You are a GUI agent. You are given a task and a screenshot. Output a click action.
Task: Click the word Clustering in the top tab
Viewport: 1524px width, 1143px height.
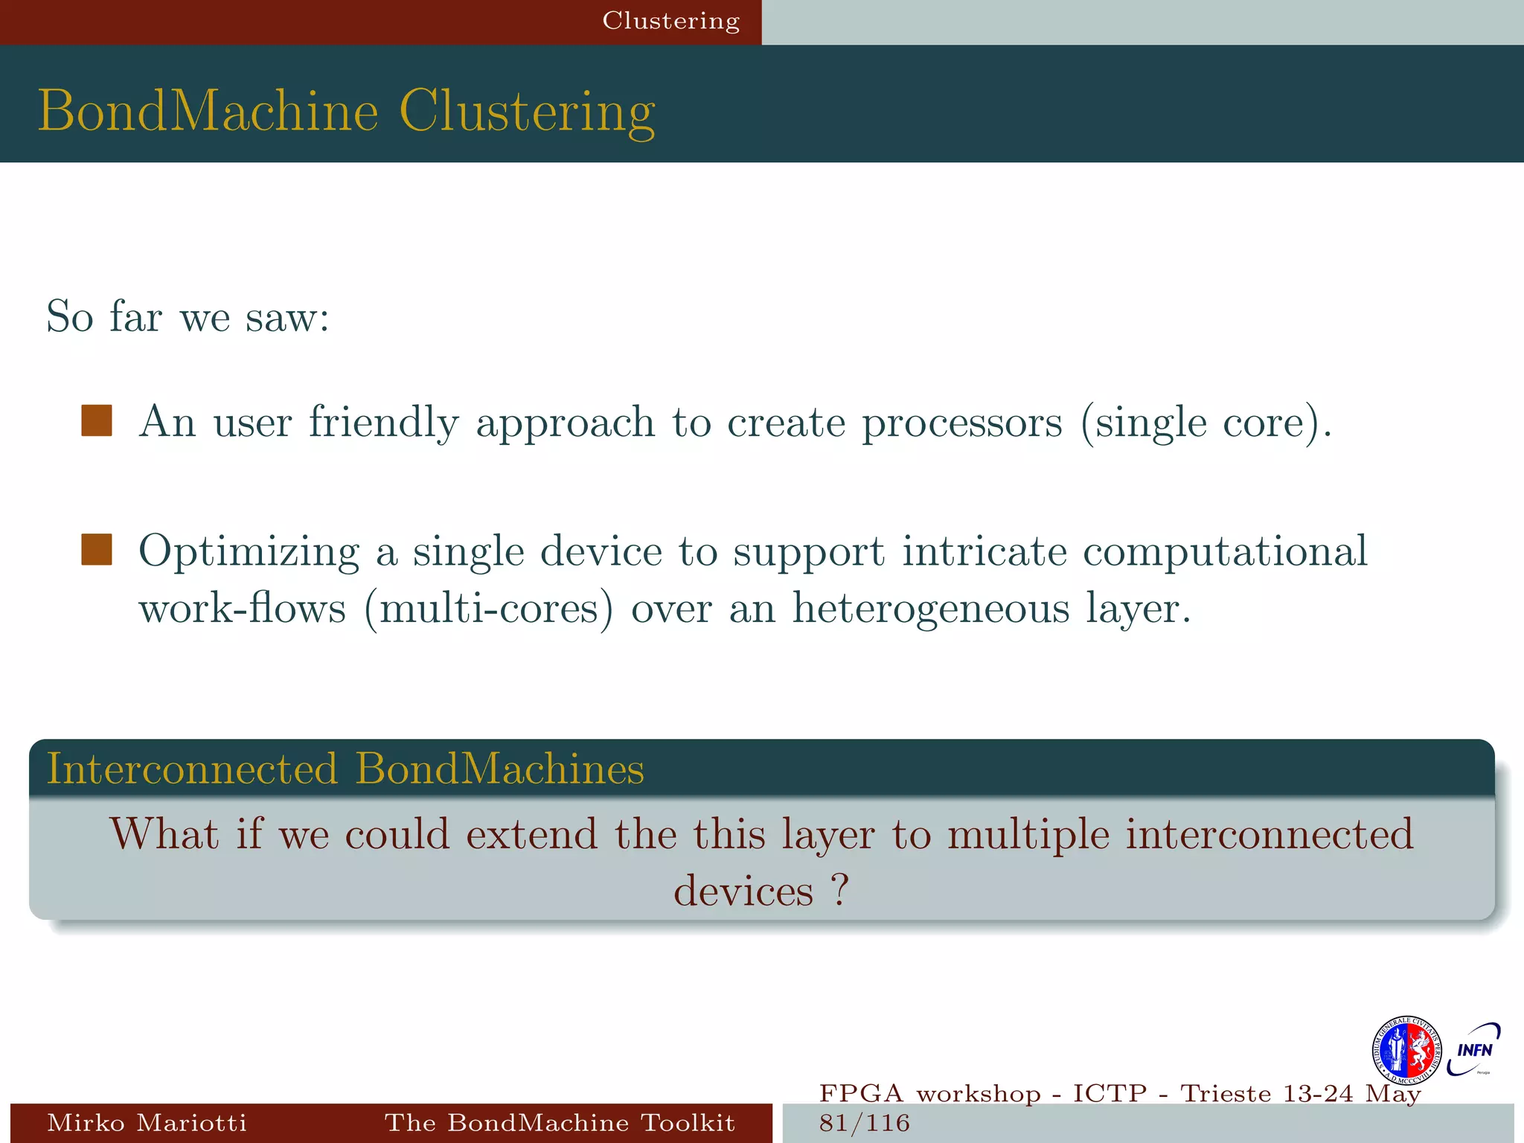[670, 21]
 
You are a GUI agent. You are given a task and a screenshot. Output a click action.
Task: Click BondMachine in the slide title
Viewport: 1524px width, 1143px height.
[208, 112]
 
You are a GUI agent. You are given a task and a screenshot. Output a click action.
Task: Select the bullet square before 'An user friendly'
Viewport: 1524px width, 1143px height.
[97, 420]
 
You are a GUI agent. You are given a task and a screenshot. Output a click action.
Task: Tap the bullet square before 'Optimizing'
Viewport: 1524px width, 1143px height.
[97, 550]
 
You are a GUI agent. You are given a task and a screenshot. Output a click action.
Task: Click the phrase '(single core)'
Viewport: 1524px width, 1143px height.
[1206, 423]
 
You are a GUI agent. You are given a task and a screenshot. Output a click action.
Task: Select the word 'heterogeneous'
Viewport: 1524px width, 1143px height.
[930, 609]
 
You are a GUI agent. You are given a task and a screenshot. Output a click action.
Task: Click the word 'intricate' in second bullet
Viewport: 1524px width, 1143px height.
[984, 551]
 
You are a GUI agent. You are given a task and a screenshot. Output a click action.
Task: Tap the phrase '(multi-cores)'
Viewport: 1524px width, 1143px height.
[489, 609]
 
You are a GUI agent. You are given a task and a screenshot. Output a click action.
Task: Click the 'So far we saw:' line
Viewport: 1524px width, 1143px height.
[188, 317]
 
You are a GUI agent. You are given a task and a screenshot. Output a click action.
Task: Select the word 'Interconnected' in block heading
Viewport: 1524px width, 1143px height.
[192, 769]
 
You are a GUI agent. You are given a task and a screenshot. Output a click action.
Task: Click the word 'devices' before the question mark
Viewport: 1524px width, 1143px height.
[743, 891]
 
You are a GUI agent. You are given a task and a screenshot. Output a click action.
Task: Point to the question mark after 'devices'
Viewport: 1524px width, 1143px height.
[839, 889]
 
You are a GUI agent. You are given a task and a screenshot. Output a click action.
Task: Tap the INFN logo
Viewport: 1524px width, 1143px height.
[1474, 1050]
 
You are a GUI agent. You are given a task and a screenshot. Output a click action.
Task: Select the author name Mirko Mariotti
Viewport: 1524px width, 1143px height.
[147, 1122]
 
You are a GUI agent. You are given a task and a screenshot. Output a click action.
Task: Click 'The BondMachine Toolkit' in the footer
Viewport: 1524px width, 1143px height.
[560, 1122]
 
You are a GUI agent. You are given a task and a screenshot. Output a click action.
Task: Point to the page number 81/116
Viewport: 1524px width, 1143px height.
[864, 1123]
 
